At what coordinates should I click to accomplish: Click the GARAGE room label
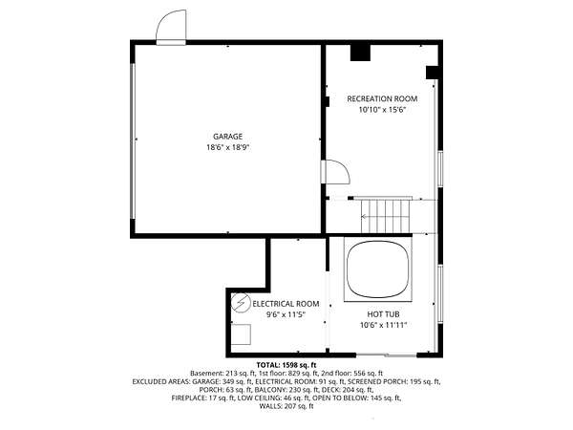point(227,137)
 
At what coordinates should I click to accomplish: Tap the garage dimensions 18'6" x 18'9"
point(227,148)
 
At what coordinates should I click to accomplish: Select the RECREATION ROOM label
point(382,98)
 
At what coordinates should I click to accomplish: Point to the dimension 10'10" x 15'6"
point(382,110)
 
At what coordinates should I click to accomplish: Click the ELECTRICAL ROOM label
point(286,304)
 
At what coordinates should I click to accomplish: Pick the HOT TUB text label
point(383,314)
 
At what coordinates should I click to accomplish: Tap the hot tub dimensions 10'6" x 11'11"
point(383,325)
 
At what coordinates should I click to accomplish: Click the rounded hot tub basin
point(378,269)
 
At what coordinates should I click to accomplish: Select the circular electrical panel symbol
point(241,303)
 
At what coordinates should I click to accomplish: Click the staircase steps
point(385,216)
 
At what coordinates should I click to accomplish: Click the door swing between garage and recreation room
point(335,172)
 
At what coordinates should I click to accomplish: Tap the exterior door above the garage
point(171,27)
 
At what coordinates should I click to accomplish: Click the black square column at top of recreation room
point(360,53)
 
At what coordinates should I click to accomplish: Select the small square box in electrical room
point(241,334)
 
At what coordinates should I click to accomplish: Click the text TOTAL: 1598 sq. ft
point(286,365)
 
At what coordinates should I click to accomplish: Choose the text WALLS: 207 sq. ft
point(286,406)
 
